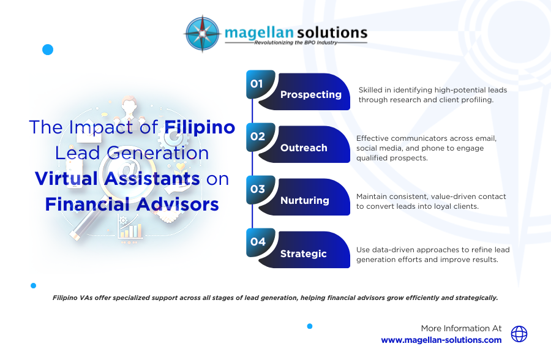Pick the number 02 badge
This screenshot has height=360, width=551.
pyautogui.click(x=257, y=137)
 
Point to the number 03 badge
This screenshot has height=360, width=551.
pyautogui.click(x=257, y=189)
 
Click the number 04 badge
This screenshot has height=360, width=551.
pyautogui.click(x=257, y=242)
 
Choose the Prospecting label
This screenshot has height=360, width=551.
pyautogui.click(x=310, y=95)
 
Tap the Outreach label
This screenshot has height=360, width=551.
pyautogui.click(x=304, y=148)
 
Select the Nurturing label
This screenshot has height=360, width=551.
pyautogui.click(x=304, y=200)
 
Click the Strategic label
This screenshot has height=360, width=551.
pyautogui.click(x=303, y=253)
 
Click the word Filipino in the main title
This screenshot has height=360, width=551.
pyautogui.click(x=200, y=127)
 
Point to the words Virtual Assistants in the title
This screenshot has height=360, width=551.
pyautogui.click(x=118, y=178)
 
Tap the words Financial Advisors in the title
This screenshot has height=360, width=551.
pyautogui.click(x=132, y=204)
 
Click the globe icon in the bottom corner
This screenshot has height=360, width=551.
pyautogui.click(x=519, y=334)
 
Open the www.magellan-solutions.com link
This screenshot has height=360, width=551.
pyautogui.click(x=441, y=340)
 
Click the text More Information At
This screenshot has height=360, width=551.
pyautogui.click(x=461, y=328)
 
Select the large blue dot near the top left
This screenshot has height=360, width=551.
pyautogui.click(x=48, y=50)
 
